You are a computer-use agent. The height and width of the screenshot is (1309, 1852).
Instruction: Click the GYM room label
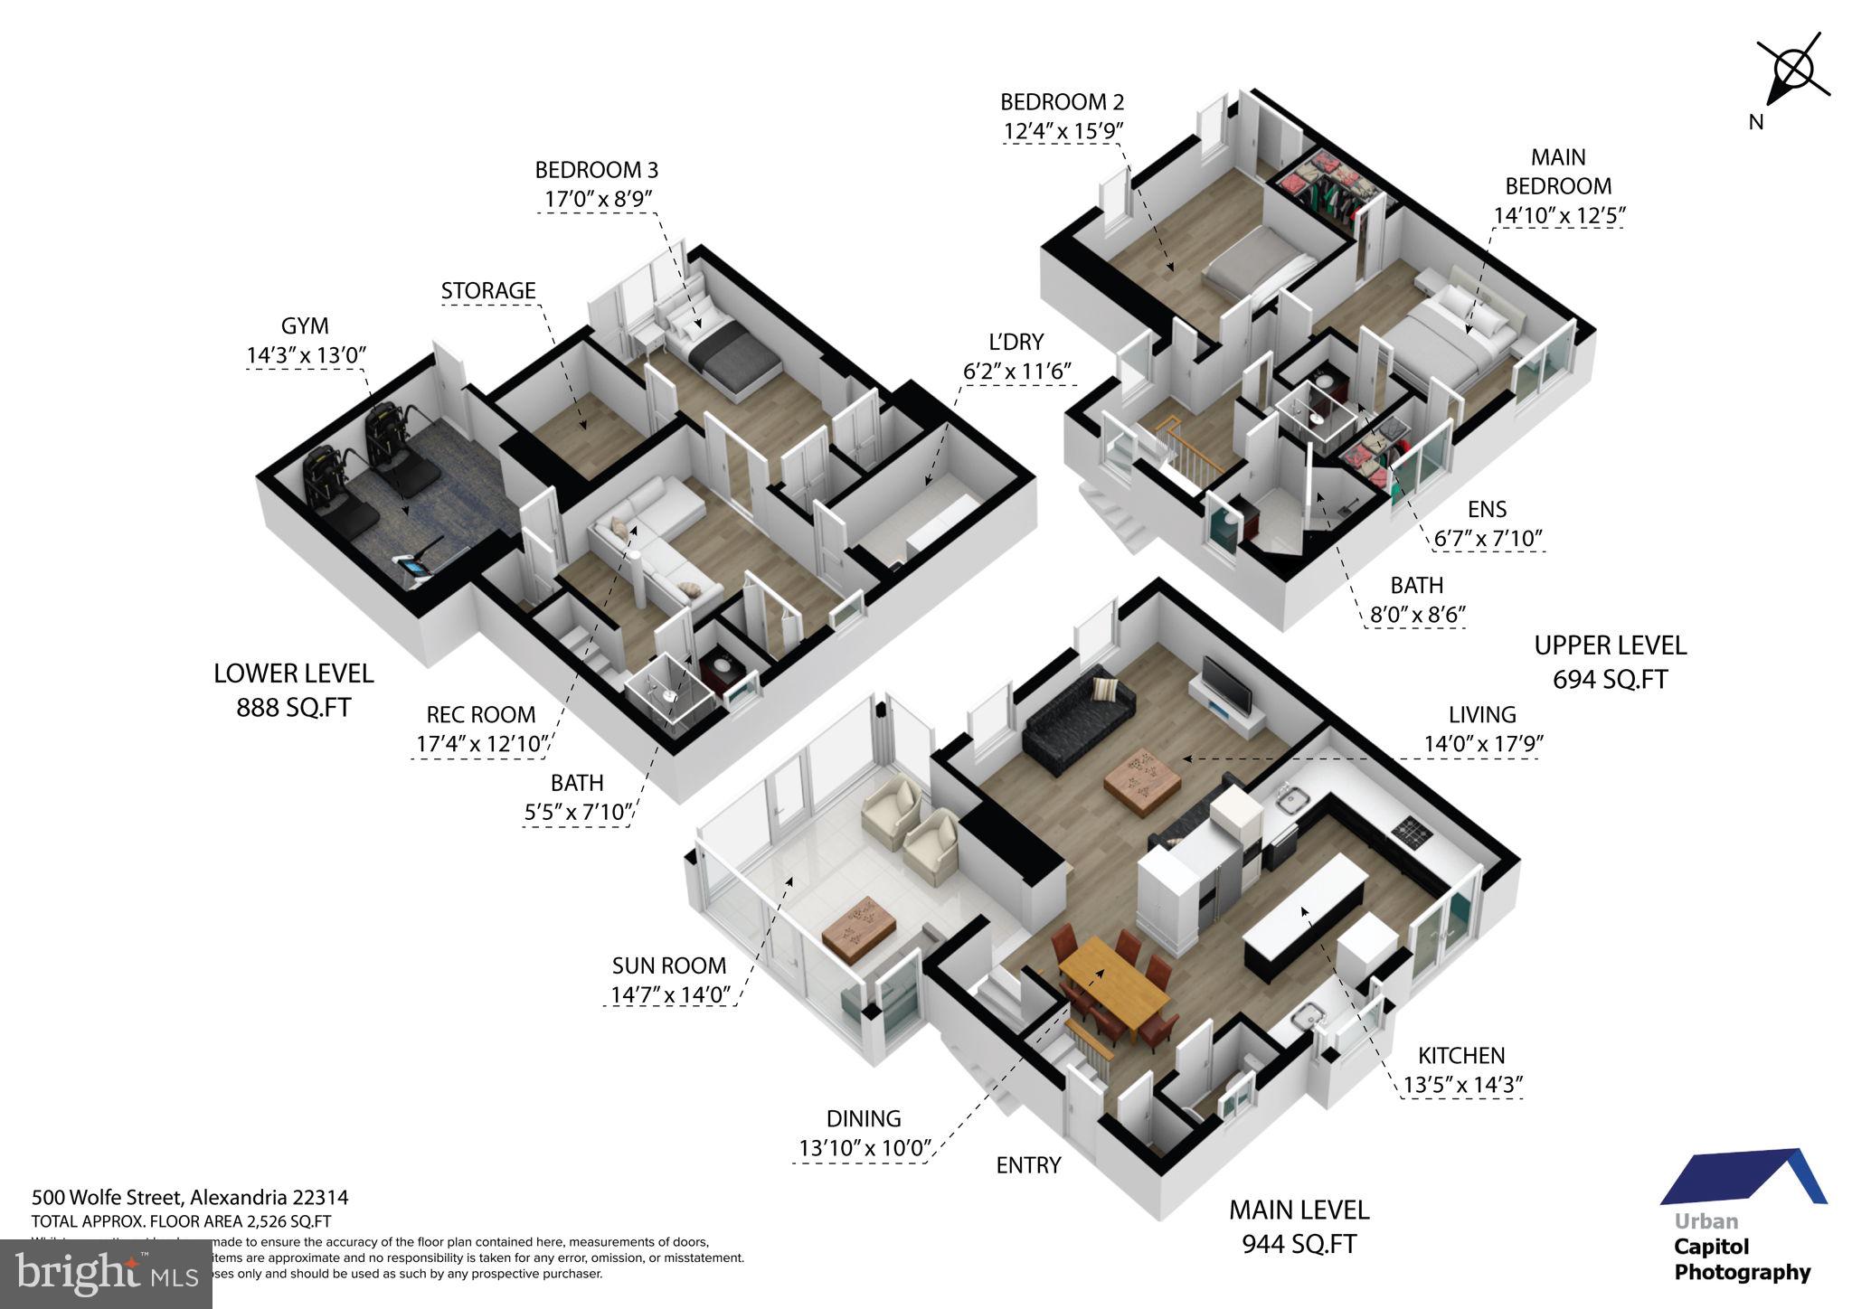[305, 326]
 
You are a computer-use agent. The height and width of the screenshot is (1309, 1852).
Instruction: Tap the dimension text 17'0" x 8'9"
[595, 199]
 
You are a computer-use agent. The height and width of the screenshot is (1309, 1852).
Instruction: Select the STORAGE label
[488, 291]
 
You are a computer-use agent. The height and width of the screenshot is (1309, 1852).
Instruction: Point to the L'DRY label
[1016, 342]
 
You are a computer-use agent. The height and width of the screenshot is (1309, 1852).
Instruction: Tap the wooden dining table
[1112, 985]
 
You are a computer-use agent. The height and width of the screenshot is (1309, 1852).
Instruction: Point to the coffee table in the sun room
[859, 927]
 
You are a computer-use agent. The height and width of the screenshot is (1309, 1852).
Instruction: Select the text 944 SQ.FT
[1299, 1245]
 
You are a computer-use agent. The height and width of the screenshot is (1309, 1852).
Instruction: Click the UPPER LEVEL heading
[1610, 645]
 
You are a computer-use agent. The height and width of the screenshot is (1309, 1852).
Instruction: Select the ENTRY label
[1028, 1165]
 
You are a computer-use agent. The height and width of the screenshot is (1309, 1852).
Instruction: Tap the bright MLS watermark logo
[106, 1274]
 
